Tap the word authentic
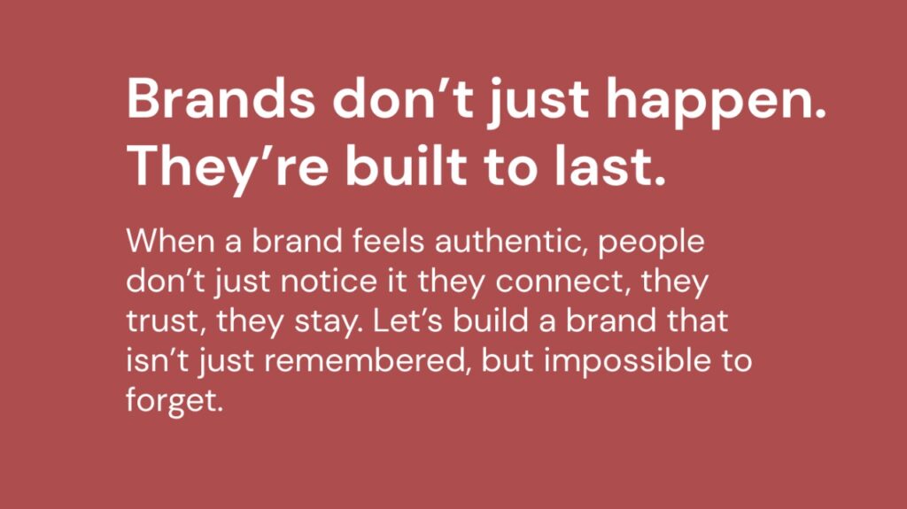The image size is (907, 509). [508, 241]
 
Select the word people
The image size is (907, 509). [651, 243]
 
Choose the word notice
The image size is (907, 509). [329, 281]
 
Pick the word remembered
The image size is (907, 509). [365, 360]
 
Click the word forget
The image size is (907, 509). [171, 401]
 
